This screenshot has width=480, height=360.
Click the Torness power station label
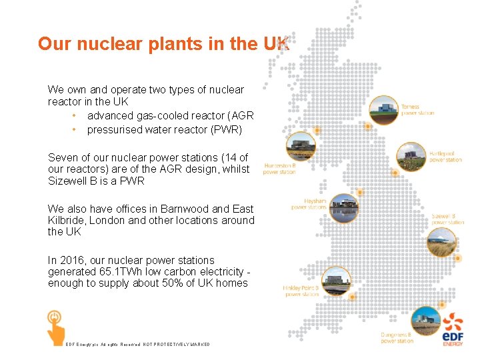(417, 110)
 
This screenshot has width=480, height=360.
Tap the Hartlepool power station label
(445, 156)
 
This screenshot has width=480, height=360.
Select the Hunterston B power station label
(279, 168)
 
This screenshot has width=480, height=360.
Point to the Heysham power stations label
(309, 203)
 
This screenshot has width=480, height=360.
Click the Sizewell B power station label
(447, 219)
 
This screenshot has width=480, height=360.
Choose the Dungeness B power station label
(397, 337)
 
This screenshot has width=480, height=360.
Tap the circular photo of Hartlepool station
(411, 157)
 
